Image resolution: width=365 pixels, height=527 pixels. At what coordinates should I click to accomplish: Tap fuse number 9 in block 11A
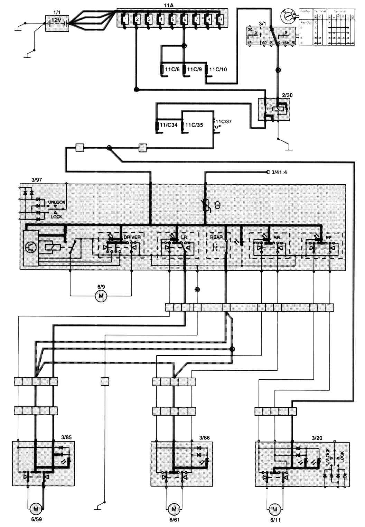[220, 19]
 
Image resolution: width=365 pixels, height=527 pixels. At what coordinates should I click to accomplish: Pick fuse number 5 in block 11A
[173, 19]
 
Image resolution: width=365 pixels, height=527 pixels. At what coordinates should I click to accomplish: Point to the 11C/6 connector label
[172, 70]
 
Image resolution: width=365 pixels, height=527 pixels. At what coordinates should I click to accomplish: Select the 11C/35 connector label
[194, 125]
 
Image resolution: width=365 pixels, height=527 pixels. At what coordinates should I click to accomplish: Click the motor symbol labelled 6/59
[35, 509]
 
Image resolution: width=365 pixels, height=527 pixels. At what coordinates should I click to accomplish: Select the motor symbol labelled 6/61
[174, 509]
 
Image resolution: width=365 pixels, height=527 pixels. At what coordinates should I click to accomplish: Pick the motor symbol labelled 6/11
[275, 509]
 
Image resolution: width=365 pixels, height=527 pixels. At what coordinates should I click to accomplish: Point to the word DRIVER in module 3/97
[132, 237]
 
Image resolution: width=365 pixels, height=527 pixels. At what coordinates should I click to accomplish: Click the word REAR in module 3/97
[216, 237]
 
